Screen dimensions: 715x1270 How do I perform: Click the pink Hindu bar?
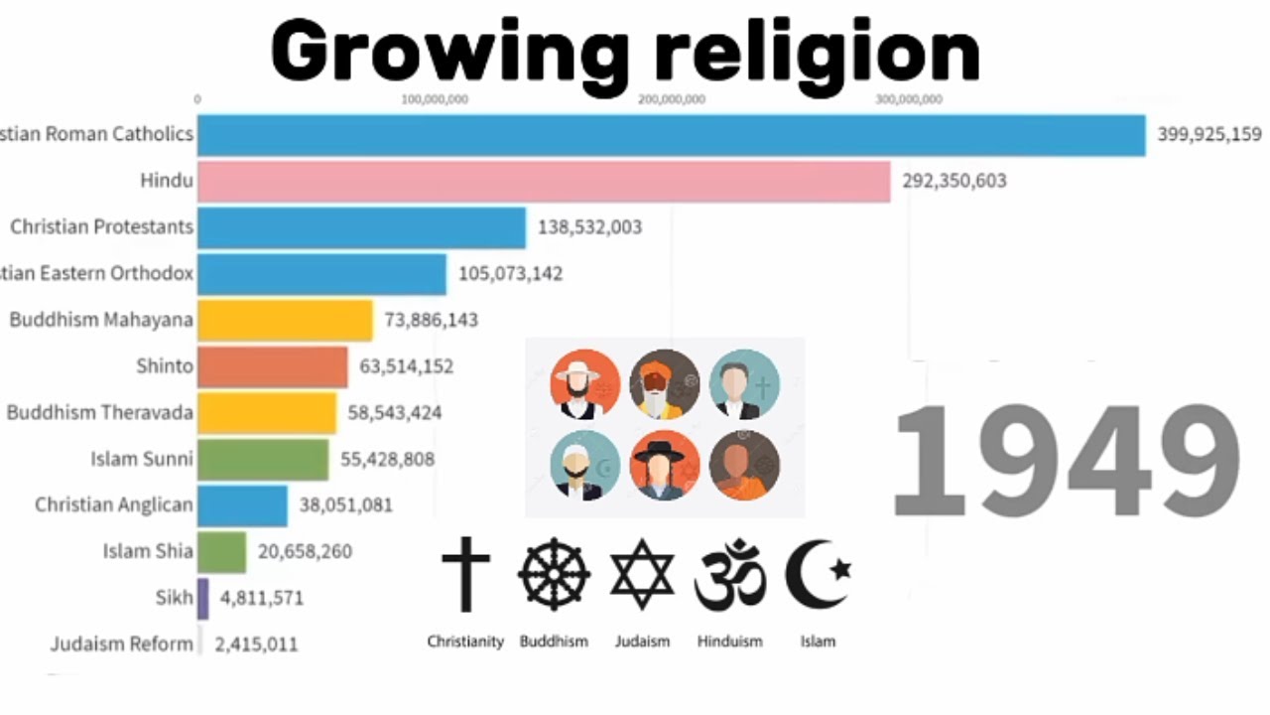544,181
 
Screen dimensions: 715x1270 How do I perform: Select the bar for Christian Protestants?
361,227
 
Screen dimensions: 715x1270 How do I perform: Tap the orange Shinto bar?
273,366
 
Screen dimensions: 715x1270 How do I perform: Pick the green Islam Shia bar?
222,551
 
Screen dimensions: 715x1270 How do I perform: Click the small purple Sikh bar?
203,598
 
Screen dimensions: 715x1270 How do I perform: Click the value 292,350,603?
954,181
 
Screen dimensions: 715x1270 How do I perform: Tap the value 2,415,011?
256,644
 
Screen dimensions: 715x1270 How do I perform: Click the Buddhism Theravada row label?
100,412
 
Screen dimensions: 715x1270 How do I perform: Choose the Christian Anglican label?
114,504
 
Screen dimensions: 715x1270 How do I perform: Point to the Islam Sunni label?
142,459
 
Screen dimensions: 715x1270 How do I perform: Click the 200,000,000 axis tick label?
672,98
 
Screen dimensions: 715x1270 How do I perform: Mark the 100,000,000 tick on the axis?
434,98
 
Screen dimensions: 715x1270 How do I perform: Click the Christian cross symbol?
465,573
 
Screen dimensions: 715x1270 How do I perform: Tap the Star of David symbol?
642,575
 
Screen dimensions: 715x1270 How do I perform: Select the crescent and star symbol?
818,574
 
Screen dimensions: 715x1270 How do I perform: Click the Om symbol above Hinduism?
730,575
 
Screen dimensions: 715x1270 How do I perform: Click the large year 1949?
1066,463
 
